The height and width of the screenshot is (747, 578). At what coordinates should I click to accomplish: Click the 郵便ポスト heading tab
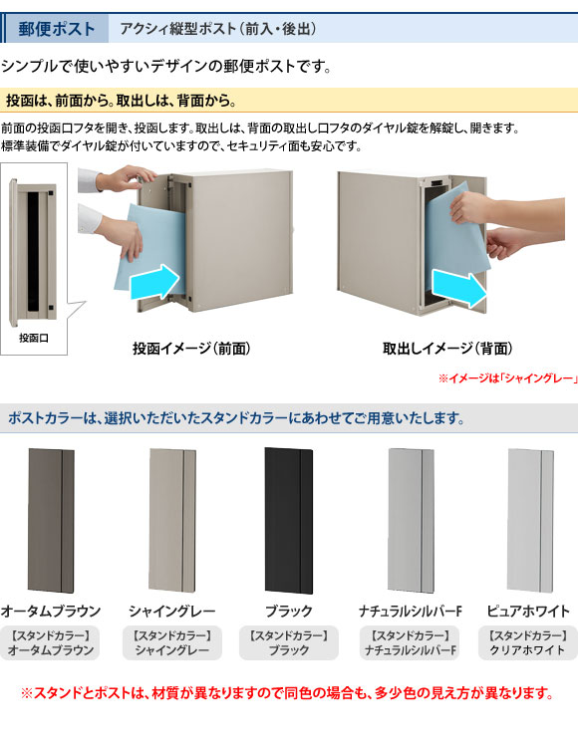click(x=56, y=29)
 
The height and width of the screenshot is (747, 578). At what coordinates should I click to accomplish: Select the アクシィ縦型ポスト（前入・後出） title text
click(x=218, y=29)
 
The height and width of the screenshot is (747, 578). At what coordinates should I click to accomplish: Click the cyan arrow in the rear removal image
click(x=459, y=288)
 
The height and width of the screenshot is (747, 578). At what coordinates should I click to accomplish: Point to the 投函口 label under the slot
click(x=33, y=338)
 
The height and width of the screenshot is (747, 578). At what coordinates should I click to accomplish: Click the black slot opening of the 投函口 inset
click(x=33, y=251)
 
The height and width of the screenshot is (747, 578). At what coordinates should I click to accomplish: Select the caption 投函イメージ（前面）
click(x=191, y=349)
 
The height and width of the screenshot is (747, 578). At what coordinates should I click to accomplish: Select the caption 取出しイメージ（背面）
click(x=447, y=349)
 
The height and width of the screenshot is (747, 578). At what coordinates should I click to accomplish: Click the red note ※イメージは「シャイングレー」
click(x=508, y=378)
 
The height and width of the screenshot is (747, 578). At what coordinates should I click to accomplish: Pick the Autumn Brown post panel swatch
click(x=51, y=520)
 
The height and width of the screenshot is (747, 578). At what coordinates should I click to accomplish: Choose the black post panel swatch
click(x=288, y=520)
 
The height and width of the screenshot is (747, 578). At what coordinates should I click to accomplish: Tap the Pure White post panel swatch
click(x=530, y=520)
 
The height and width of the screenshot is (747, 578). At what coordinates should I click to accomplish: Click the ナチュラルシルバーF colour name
click(x=411, y=611)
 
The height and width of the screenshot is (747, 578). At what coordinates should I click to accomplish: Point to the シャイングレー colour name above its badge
click(x=172, y=611)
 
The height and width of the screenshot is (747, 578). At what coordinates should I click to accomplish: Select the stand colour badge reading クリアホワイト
click(x=527, y=642)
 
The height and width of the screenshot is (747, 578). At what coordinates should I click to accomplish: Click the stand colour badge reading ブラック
click(x=289, y=642)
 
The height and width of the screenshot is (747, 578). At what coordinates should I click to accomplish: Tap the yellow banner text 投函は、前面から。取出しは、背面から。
click(x=122, y=101)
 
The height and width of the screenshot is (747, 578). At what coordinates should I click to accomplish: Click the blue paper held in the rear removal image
click(x=457, y=233)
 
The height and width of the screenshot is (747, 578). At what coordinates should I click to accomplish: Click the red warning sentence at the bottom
click(x=288, y=692)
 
